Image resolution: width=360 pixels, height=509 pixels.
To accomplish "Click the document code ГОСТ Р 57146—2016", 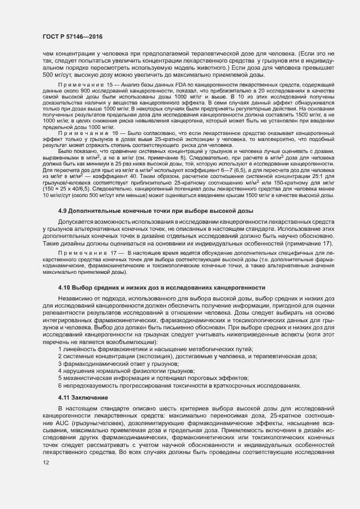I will (x=72, y=36).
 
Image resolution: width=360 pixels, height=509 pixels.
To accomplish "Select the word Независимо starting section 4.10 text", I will (x=75, y=299).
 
